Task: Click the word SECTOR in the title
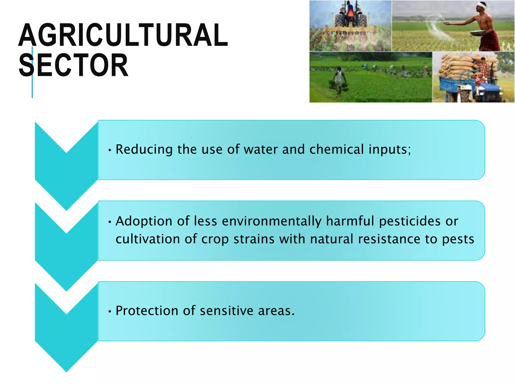tap(73, 65)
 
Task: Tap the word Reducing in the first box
tap(144, 150)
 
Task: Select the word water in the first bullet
tap(261, 150)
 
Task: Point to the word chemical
tap(336, 150)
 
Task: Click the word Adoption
tap(144, 221)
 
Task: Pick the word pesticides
tap(410, 221)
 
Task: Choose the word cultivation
tap(148, 239)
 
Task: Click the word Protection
tap(147, 311)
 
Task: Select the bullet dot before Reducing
tap(110, 151)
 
